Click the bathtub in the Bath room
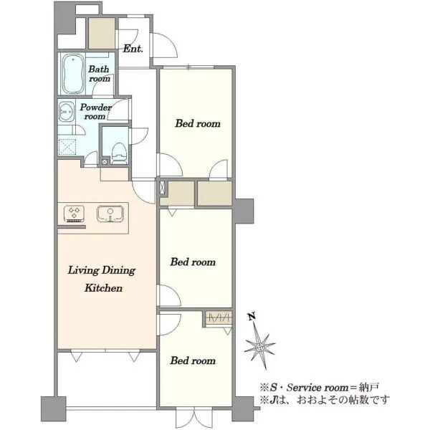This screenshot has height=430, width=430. click(72, 74)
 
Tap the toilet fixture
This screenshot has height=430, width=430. click(119, 153)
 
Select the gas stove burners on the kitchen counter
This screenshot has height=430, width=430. click(74, 214)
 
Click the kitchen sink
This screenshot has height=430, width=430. click(110, 214)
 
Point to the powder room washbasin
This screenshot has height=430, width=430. click(67, 112)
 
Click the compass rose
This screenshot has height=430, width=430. click(259, 347)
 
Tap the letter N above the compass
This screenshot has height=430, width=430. click(252, 316)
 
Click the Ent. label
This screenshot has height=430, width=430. click(133, 49)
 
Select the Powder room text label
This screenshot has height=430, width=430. click(95, 111)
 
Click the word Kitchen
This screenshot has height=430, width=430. click(103, 288)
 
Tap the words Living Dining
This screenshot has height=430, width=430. click(102, 270)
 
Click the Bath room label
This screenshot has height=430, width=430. click(99, 74)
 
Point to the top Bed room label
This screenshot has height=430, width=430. click(198, 123)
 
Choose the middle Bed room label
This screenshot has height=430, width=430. click(193, 262)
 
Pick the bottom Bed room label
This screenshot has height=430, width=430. click(193, 360)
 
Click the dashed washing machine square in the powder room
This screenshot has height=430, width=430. click(67, 147)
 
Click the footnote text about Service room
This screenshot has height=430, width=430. click(320, 388)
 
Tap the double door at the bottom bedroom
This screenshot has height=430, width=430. click(194, 418)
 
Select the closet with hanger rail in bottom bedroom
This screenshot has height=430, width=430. click(219, 318)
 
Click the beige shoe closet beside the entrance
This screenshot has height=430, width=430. click(102, 33)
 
